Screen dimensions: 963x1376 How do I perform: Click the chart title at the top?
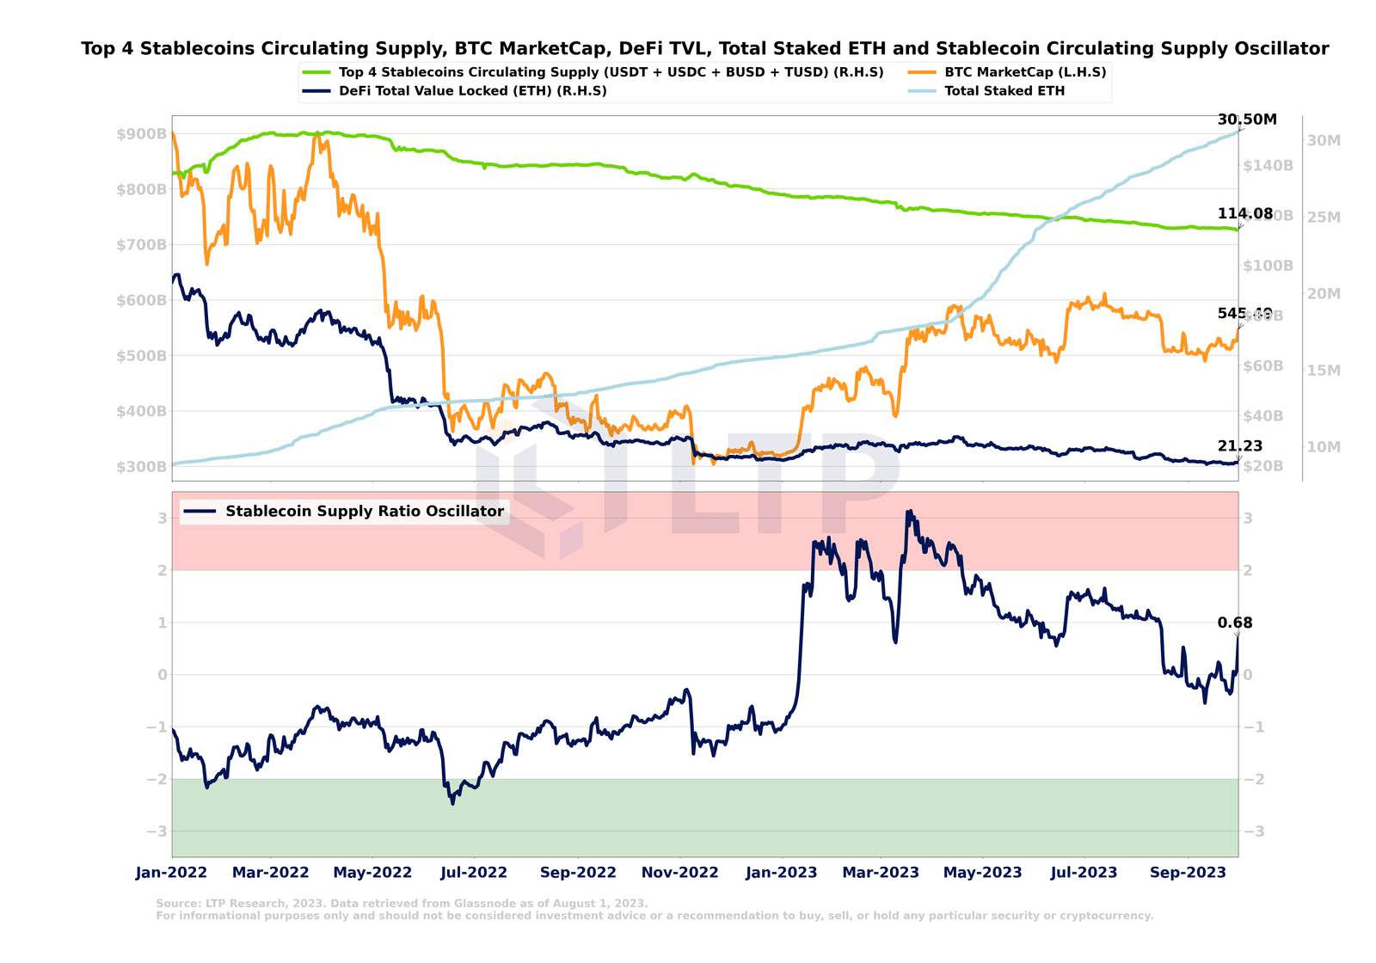pyautogui.click(x=704, y=49)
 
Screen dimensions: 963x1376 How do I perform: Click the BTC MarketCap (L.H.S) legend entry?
pyautogui.click(x=1024, y=72)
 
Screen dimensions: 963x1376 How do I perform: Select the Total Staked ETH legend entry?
pyautogui.click(x=1004, y=91)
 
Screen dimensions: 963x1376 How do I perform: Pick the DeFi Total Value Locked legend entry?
pyautogui.click(x=472, y=91)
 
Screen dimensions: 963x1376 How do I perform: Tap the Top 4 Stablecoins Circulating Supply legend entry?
pyautogui.click(x=611, y=72)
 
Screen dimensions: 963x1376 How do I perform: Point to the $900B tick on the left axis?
pyautogui.click(x=141, y=134)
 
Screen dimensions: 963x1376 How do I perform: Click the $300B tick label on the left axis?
pyautogui.click(x=141, y=467)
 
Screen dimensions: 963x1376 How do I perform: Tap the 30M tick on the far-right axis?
pyautogui.click(x=1324, y=140)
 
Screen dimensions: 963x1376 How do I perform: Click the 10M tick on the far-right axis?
pyautogui.click(x=1324, y=447)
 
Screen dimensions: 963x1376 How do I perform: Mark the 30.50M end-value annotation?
pyautogui.click(x=1247, y=120)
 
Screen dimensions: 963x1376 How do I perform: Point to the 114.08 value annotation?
pyautogui.click(x=1244, y=214)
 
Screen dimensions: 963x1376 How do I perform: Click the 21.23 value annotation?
pyautogui.click(x=1239, y=445)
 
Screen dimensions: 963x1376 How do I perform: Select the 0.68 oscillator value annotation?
pyautogui.click(x=1235, y=623)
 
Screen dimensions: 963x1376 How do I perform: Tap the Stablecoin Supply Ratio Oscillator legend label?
pyautogui.click(x=364, y=512)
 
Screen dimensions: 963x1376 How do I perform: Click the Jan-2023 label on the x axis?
pyautogui.click(x=781, y=873)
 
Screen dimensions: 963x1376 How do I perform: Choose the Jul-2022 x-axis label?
pyautogui.click(x=473, y=873)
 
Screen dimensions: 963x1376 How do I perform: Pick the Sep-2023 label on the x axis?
pyautogui.click(x=1188, y=873)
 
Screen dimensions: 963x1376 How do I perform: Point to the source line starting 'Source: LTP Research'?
pyautogui.click(x=402, y=903)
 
